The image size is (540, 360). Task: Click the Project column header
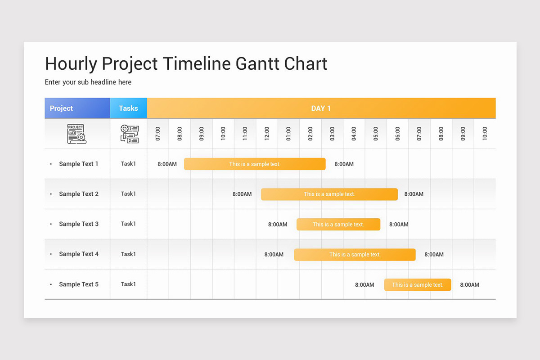coord(62,108)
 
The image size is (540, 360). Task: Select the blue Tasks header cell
coord(128,108)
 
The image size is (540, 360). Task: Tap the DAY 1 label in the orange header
coord(321,108)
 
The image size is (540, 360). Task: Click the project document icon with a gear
coord(76,134)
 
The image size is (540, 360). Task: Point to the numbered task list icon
coord(130,134)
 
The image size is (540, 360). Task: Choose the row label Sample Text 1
coord(78,164)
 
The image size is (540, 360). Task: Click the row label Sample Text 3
coord(78,224)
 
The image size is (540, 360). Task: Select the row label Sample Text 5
coord(78,284)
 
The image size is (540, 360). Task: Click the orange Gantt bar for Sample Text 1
coord(255,164)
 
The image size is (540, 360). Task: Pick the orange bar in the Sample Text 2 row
coord(329,194)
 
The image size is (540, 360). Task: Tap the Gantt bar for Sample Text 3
coord(338,224)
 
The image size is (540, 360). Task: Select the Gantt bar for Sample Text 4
coord(355,254)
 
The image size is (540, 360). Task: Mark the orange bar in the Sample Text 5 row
coord(418,284)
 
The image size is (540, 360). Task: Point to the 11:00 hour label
coord(245,134)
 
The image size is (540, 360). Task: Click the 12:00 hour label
coord(267,134)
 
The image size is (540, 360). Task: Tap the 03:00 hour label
coord(332,134)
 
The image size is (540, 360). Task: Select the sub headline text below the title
coord(88,82)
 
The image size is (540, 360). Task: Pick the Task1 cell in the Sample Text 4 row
coord(128,254)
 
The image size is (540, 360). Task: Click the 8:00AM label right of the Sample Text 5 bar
coord(469,284)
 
